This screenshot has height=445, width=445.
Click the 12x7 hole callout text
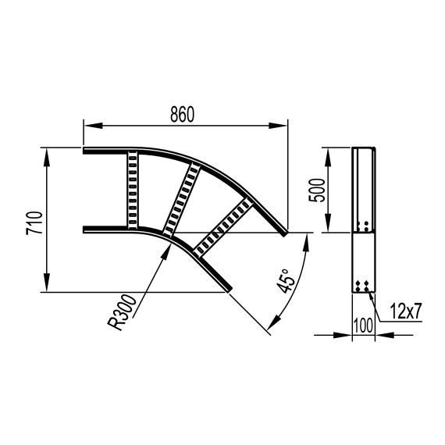tap(405, 311)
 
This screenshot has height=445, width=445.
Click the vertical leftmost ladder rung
tap(132, 190)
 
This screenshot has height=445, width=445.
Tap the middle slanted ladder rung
tap(180, 200)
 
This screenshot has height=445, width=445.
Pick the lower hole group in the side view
tap(362, 287)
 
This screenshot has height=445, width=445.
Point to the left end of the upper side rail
tap(85, 151)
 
